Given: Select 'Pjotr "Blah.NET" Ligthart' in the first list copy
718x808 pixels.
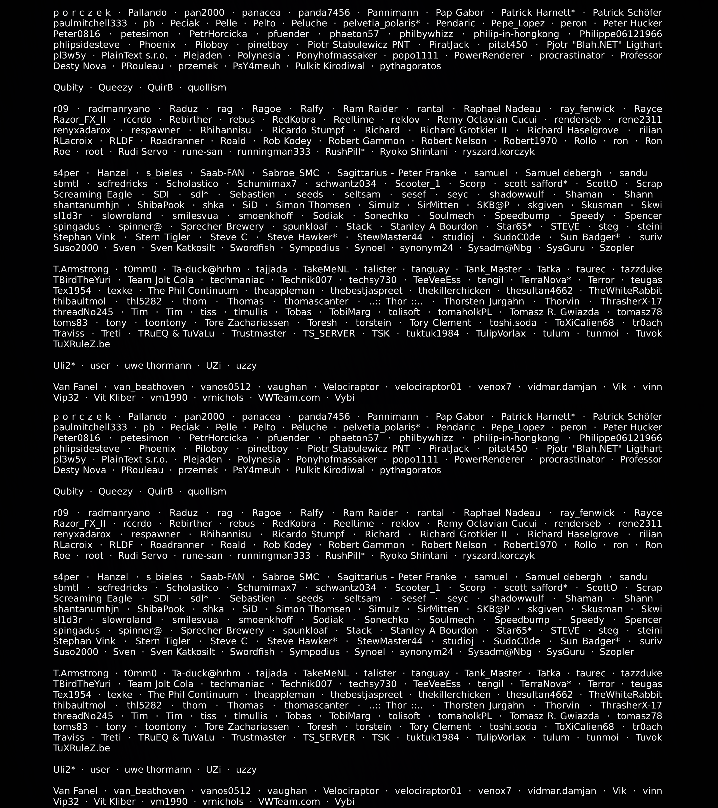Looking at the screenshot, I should click(x=604, y=45).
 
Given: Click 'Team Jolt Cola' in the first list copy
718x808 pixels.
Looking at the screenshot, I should click(x=160, y=280).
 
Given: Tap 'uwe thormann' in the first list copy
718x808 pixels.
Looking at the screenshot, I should click(x=158, y=366).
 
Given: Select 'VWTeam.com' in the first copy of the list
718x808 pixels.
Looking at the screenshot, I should click(x=289, y=398).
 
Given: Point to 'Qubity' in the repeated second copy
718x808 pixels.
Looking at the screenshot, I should click(x=68, y=492).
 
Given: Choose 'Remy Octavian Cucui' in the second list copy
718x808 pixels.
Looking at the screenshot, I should click(x=487, y=524).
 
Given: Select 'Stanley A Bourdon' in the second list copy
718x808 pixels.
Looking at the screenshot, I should click(x=434, y=630).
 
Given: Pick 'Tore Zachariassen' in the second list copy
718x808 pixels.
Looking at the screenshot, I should click(x=247, y=726).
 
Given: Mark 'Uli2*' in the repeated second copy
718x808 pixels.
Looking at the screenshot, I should click(x=64, y=770).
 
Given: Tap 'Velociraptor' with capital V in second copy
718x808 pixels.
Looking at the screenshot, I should click(x=351, y=791).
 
